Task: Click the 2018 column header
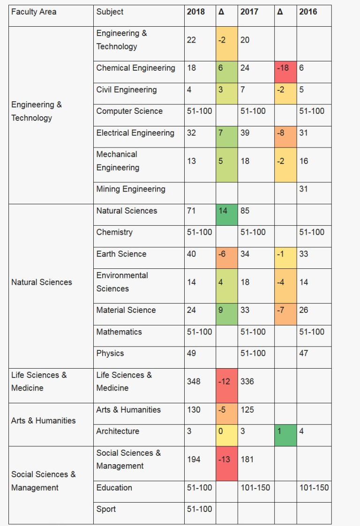196,12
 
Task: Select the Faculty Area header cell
33,12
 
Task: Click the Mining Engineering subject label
131,189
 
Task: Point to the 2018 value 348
194,381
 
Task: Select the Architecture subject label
118,431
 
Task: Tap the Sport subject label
106,509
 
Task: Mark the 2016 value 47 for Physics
304,353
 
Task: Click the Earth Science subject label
121,254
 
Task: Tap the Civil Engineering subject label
127,89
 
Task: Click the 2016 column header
308,12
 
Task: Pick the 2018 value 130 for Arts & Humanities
194,410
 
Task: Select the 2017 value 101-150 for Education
255,488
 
